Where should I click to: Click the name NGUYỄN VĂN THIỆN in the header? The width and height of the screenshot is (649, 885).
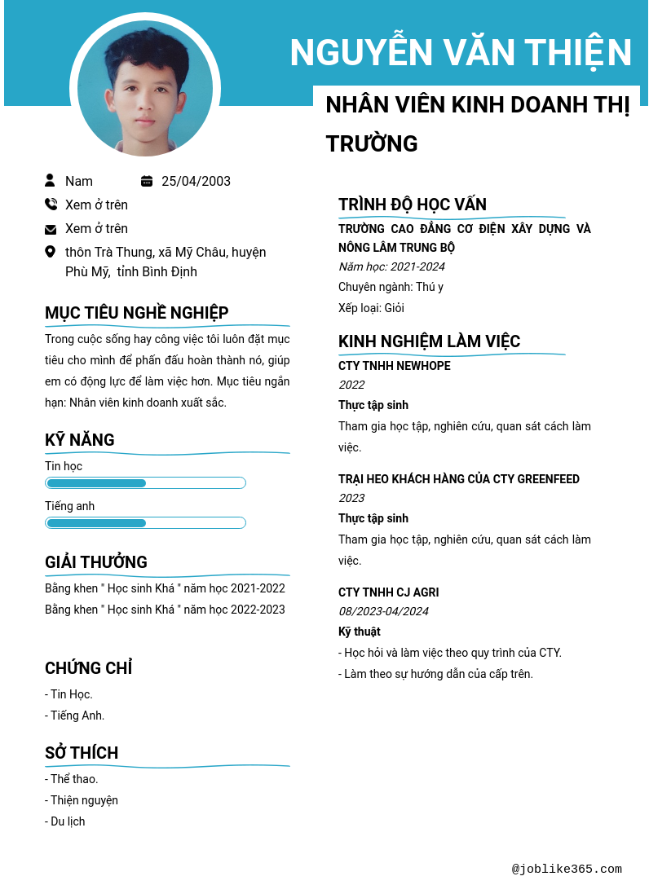coord(461,53)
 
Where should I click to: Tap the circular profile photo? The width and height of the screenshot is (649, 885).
coord(145,88)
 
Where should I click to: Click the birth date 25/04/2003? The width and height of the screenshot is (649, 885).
coord(196,181)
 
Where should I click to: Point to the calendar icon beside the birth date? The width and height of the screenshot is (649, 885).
coord(147,181)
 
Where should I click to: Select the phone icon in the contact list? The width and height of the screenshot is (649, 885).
coord(51,205)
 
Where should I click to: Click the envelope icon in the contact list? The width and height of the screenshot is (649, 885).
coord(51,229)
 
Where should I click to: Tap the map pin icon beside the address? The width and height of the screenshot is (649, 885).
coord(51,252)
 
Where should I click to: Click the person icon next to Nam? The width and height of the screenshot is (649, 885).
coord(51,180)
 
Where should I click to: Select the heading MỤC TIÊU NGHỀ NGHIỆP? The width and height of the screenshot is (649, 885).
coord(136,313)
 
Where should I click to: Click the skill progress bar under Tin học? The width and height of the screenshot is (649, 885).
coord(145,483)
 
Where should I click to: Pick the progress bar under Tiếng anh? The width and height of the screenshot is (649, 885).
coord(145,522)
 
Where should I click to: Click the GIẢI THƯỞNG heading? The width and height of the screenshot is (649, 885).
coord(96,562)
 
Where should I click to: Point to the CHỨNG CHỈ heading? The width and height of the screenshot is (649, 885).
coord(88,668)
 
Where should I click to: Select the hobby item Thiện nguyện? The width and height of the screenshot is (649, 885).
coord(83,800)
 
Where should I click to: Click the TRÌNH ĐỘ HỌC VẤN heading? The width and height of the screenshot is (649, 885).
coord(413,205)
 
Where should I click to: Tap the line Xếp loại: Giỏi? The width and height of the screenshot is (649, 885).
coord(371,308)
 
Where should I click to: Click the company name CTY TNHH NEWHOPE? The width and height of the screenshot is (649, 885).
coord(394,366)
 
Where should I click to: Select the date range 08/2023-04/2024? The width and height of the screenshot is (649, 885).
coord(383,611)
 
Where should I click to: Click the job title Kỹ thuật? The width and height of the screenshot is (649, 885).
coord(359,632)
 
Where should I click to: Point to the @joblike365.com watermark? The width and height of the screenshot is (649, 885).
coord(567,869)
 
